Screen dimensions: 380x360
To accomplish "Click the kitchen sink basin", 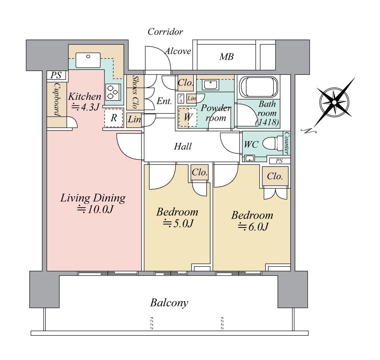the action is click(88, 60).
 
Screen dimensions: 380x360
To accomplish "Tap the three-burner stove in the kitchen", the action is click(113, 92).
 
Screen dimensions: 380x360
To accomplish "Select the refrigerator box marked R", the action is click(114, 118).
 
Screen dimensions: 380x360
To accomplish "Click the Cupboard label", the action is click(57, 99).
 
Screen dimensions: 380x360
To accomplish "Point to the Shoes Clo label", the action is click(135, 92).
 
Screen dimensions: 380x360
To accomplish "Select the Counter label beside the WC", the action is click(287, 143).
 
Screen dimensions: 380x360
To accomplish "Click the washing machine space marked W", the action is click(188, 117).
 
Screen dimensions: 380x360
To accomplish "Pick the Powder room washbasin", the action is click(211, 85).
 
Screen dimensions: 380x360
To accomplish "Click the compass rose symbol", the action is click(334, 103).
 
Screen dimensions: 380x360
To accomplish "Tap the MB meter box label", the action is click(226, 57).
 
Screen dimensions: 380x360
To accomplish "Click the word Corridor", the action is click(165, 32).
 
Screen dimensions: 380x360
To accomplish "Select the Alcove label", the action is click(178, 51).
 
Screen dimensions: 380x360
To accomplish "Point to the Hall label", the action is click(183, 146).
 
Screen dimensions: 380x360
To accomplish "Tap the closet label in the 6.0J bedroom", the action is click(275, 176).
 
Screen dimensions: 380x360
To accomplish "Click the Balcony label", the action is click(169, 303).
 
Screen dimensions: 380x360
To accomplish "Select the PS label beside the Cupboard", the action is click(56, 75).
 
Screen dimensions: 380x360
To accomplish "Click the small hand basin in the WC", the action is click(249, 159).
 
